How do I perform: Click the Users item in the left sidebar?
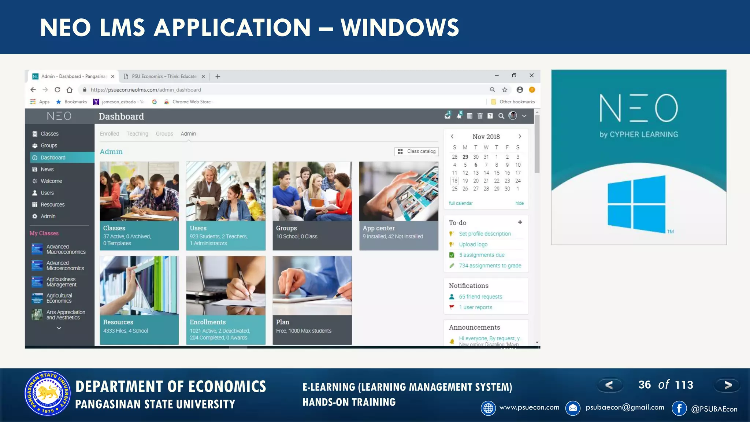pos(47,193)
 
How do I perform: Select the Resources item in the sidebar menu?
pos(52,204)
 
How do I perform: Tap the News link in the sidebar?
pos(47,169)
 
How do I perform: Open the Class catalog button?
pos(417,151)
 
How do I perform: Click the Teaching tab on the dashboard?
pos(137,134)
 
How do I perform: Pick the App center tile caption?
pos(379,228)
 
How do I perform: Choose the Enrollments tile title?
pos(208,322)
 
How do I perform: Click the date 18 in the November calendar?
pos(454,181)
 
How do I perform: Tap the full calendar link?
pos(461,203)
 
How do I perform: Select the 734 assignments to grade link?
pos(490,266)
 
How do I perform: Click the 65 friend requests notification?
pos(480,297)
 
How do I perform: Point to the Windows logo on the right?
pos(636,204)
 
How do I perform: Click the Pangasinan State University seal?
pos(48,394)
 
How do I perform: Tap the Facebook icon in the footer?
pos(679,408)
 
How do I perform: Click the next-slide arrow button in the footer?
pos(728,385)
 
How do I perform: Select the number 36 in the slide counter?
pos(645,385)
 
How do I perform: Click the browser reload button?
pos(57,90)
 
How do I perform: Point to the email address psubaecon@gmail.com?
pos(625,407)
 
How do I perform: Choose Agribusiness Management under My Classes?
pos(61,282)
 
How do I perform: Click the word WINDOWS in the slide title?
pos(400,27)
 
